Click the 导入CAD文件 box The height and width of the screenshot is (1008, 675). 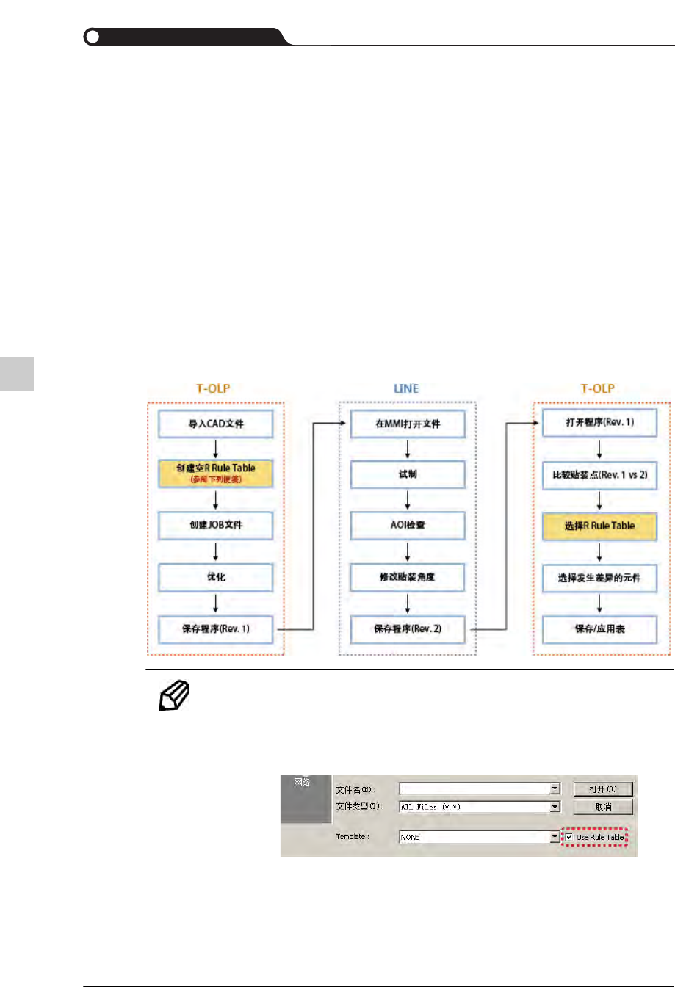(x=216, y=424)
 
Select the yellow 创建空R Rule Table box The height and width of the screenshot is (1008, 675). (x=216, y=474)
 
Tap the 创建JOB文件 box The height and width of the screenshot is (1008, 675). (x=216, y=525)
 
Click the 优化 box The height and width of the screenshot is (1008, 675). (x=216, y=577)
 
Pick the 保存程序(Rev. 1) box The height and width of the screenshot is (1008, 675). (x=216, y=629)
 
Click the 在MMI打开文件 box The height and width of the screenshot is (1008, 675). (x=408, y=424)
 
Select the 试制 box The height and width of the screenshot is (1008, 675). (x=408, y=474)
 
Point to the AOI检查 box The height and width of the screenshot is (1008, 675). (x=408, y=525)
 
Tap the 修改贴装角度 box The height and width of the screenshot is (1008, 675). (x=408, y=577)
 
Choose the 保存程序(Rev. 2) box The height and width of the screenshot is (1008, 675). (x=408, y=629)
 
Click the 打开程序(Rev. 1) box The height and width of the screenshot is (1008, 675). (x=599, y=423)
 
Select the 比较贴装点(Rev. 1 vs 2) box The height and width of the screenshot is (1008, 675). (x=599, y=475)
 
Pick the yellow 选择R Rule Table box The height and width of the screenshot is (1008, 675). (x=599, y=526)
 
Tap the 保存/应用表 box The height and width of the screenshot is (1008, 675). (x=599, y=629)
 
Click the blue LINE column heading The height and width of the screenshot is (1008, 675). (x=406, y=388)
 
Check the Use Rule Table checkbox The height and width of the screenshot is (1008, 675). (x=569, y=837)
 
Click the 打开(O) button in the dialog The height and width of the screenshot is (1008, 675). (x=602, y=789)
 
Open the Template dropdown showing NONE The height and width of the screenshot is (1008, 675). (x=555, y=837)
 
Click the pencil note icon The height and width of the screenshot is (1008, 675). (x=174, y=695)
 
